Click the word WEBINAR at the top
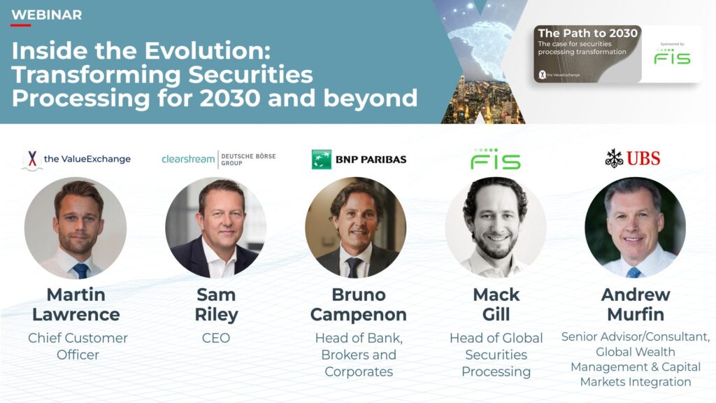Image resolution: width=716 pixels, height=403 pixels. pos(47,15)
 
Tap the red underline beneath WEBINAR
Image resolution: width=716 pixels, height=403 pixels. pos(20,25)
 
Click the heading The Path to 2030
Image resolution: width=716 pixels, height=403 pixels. pos(587,33)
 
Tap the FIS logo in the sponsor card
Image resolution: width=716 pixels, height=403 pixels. pos(672,56)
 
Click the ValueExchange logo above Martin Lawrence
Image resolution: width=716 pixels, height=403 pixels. pos(76,160)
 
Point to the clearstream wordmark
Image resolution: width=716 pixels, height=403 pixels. pos(188,159)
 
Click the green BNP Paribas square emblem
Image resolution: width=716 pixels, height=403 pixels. pos(322,160)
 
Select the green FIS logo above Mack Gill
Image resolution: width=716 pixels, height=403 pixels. pos(496,159)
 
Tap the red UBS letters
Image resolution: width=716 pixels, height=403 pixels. pos(643,159)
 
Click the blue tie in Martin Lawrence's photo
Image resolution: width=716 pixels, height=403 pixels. pos(81,271)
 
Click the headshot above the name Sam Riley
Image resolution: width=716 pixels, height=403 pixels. pos(215,228)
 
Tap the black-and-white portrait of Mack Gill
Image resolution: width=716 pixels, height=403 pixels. pos(496,228)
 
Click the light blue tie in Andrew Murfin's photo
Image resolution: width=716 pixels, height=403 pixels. pos(633,272)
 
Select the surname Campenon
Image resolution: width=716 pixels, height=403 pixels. pos(359,314)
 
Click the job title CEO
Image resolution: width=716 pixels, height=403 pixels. pos(216,338)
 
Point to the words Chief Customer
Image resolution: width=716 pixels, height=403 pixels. pos(78,338)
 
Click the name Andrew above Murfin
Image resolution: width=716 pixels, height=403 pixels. pos(636,295)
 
